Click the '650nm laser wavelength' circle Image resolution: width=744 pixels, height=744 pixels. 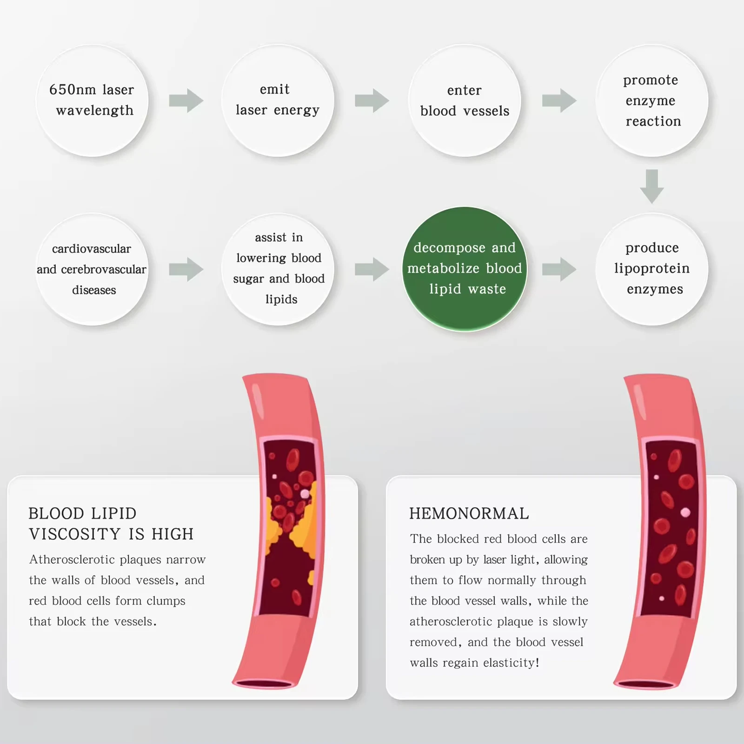92,100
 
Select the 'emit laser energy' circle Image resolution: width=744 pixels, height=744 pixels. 278,100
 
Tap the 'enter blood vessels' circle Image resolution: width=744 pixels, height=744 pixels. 465,100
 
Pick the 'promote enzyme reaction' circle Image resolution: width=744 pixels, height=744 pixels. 652,100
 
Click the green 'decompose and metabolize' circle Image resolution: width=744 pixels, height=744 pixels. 465,269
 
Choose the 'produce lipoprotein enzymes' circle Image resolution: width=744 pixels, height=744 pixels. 652,269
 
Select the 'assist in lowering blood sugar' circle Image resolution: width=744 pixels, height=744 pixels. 278,269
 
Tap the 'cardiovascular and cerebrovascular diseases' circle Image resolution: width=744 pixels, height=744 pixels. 92,269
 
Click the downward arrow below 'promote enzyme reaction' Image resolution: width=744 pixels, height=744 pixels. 652,186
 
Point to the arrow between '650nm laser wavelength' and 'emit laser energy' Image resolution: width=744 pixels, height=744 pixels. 186,100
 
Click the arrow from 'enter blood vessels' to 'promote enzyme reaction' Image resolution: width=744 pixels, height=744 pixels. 559,100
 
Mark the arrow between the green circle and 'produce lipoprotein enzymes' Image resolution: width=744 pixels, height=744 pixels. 559,269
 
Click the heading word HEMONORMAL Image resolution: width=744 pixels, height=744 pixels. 469,513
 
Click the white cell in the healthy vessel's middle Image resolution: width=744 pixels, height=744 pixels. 685,512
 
